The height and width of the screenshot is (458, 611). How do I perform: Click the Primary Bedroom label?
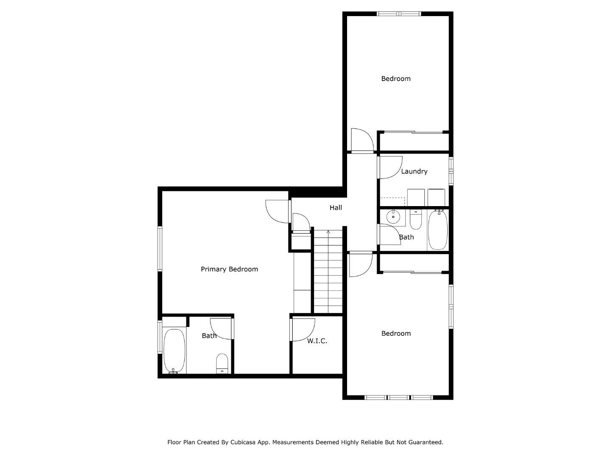[x=229, y=269]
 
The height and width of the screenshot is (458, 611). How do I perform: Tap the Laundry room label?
[x=414, y=171]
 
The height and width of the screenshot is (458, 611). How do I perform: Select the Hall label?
[x=336, y=208]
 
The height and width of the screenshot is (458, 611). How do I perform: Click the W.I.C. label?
[x=317, y=341]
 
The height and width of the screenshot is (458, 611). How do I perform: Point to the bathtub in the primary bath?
[x=174, y=351]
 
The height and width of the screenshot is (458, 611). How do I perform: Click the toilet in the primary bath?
[x=222, y=363]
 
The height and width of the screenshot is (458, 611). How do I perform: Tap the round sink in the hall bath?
[x=393, y=217]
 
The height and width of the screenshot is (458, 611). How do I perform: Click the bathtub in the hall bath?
[x=437, y=230]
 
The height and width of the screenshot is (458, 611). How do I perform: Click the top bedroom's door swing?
[x=362, y=140]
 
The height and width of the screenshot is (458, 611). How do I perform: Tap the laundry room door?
[x=390, y=168]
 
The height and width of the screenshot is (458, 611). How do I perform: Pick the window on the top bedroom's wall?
[x=399, y=14]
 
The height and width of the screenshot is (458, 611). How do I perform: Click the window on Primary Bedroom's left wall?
[x=160, y=249]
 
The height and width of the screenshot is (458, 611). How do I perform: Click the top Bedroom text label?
[x=395, y=79]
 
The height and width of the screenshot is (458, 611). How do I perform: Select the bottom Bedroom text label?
[x=396, y=334]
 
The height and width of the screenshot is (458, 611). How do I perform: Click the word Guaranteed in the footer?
[x=426, y=442]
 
